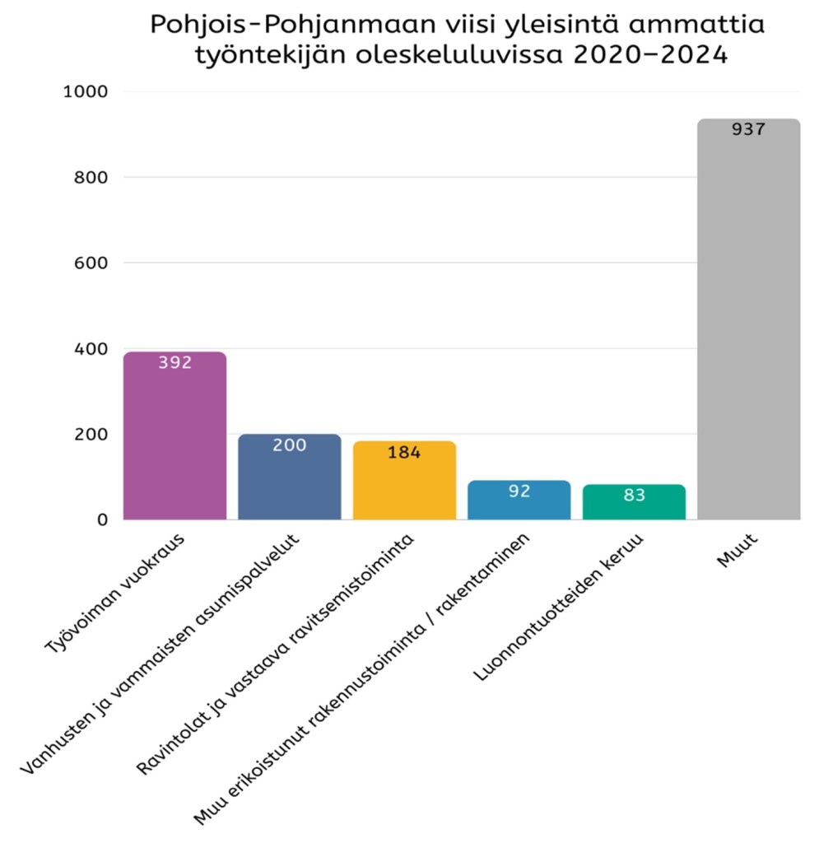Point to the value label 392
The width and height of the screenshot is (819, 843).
[x=175, y=362]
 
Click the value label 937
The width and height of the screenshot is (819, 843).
[x=748, y=129]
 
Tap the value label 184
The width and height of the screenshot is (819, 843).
[x=404, y=452]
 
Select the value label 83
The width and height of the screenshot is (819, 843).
[x=634, y=496]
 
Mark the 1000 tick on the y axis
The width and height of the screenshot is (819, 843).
[x=86, y=91]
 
